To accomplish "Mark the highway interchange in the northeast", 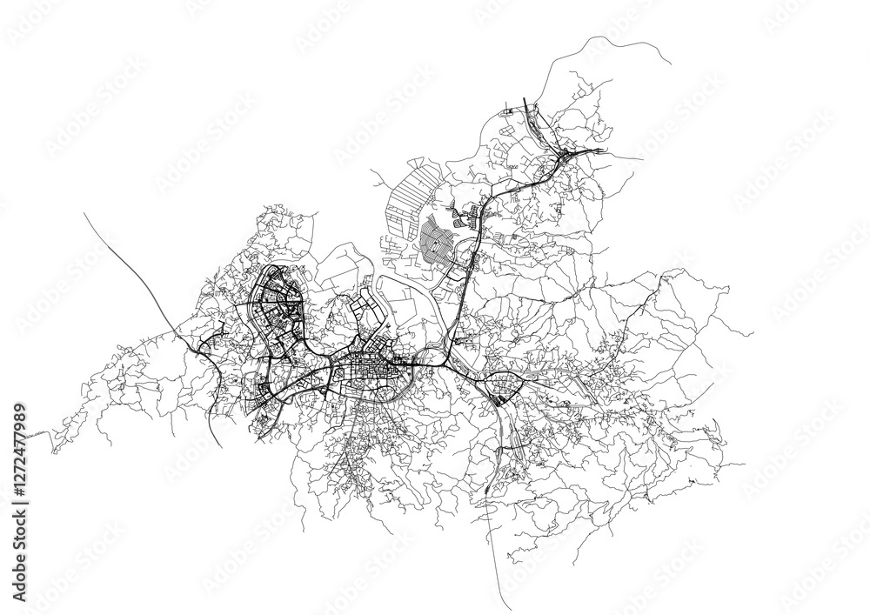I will (565, 157).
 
